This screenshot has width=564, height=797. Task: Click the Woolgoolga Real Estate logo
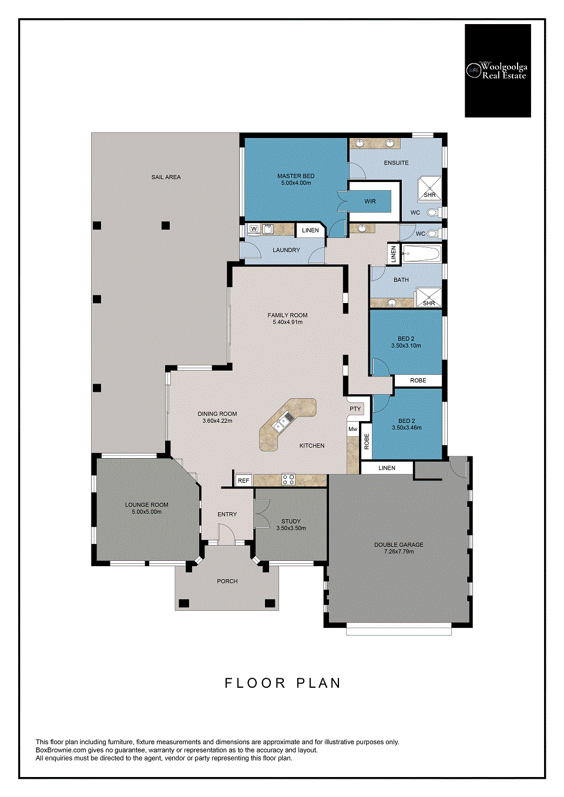coord(498,70)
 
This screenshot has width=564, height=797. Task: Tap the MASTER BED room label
coord(296,176)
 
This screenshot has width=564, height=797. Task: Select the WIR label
coord(370,201)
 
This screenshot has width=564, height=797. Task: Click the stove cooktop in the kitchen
coord(288,479)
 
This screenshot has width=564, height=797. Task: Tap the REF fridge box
coord(243,480)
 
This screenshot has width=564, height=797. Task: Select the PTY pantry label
coord(355,409)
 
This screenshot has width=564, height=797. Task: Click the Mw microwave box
coord(352,429)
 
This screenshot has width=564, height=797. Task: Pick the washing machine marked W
coord(254,229)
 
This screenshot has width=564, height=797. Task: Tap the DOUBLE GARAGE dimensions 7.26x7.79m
coord(398,551)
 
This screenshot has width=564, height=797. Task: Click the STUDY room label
coord(291,522)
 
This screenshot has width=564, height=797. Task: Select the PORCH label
coord(227,581)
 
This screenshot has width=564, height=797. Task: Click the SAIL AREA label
coord(166,177)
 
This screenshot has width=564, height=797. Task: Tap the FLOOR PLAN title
coord(283,683)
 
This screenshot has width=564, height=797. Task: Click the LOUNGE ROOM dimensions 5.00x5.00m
coord(147,512)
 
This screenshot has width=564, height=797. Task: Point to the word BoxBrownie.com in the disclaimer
coord(59,749)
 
